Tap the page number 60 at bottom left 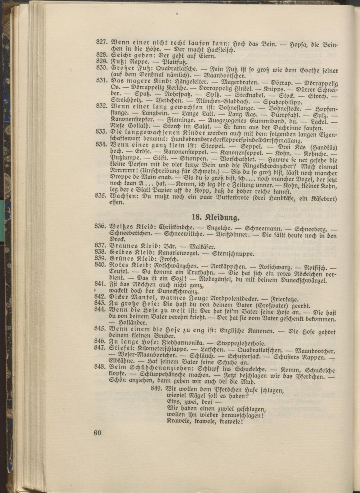(x=97, y=433)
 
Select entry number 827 (x=102, y=41)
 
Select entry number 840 (x=102, y=265)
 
